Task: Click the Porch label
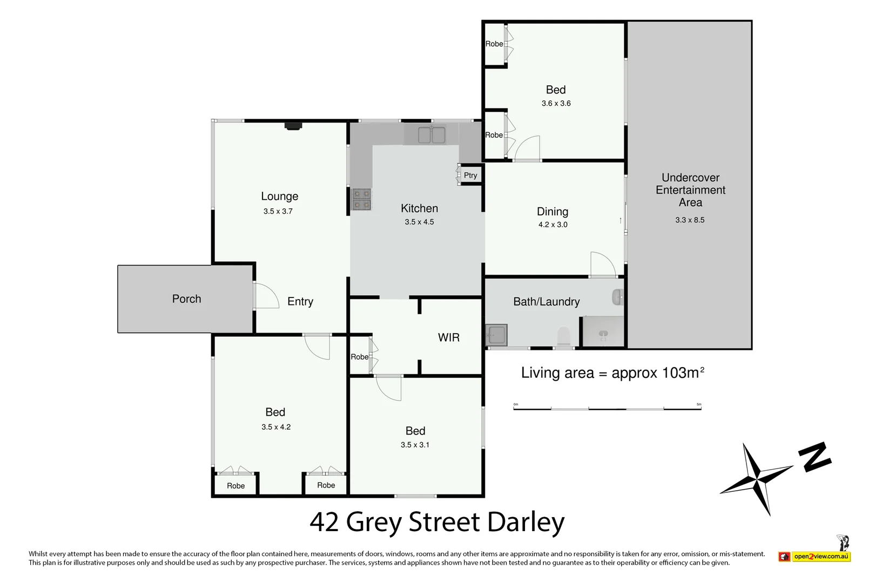186,299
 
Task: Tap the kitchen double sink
431,134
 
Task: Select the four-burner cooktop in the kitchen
362,199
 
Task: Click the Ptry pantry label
470,175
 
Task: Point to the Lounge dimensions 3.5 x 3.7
278,212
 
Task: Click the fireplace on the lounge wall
293,126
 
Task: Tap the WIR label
448,338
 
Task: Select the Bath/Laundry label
546,302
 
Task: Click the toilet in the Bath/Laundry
563,336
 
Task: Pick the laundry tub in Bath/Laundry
496,335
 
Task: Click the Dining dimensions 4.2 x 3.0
553,225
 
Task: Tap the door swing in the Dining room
602,264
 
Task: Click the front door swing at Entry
266,296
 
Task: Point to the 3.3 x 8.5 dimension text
690,220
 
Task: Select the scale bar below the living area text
607,408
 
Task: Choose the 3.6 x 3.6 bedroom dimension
556,104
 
